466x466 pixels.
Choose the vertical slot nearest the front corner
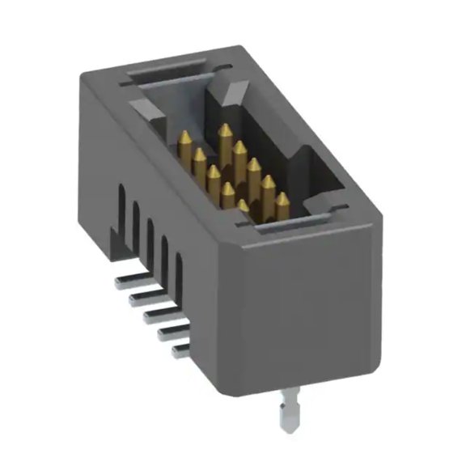(x=182, y=275)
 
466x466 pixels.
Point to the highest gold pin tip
(x=223, y=129)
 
